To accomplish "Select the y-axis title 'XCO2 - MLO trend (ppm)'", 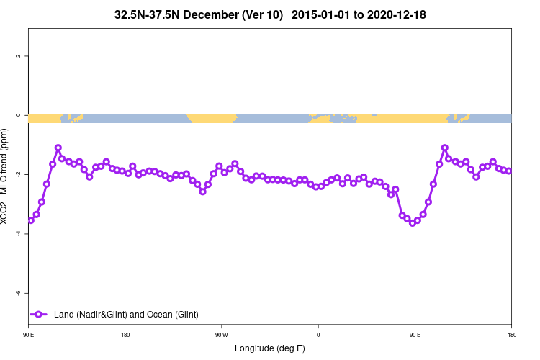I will (6, 176).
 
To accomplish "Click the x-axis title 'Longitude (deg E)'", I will (270, 348).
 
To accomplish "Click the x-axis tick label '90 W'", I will (221, 334).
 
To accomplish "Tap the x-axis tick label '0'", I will (318, 334).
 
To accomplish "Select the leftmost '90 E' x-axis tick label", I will (29, 334).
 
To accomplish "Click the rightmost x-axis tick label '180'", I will (511, 334).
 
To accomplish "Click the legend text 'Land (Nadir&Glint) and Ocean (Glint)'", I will (126, 315).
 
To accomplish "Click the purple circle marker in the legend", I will (39, 315).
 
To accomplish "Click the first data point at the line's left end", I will (31, 220).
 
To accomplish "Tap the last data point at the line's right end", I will (509, 171).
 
